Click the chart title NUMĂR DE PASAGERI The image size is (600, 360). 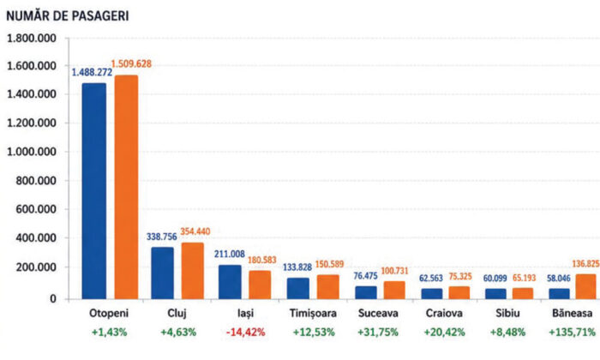(x=68, y=16)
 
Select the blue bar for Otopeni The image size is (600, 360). (x=94, y=191)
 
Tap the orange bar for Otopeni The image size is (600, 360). (x=126, y=187)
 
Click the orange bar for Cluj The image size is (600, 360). (x=193, y=271)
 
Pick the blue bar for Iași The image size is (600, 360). (x=230, y=282)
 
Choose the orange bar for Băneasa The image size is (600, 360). (x=585, y=286)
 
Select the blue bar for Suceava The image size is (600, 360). (x=366, y=292)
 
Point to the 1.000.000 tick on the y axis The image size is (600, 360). (x=32, y=152)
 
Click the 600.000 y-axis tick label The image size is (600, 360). (x=36, y=209)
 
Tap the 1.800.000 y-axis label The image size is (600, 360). (x=32, y=39)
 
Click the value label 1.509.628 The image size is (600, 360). (x=131, y=64)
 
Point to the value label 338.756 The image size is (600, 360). (x=161, y=237)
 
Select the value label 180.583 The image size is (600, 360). (x=262, y=261)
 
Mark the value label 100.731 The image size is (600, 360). (x=394, y=271)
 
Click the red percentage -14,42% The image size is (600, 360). (x=246, y=332)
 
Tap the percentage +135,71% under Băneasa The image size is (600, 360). (x=573, y=332)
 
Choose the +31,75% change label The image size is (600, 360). (x=378, y=332)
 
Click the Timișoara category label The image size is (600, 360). (x=313, y=314)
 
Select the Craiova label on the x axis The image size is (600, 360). (x=444, y=314)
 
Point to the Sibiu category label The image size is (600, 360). (x=507, y=314)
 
